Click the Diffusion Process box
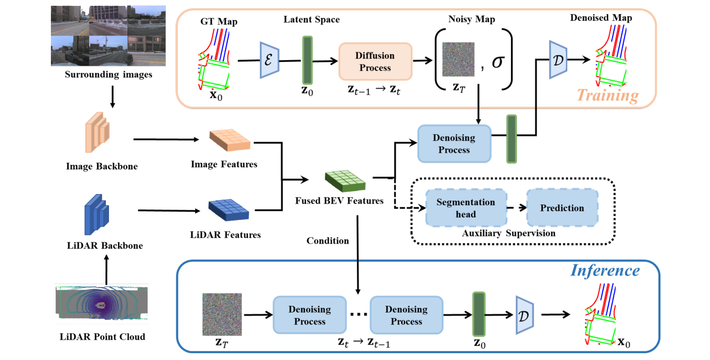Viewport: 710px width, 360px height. point(375,61)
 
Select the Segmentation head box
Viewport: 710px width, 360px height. point(466,208)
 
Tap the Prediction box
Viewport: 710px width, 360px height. point(562,208)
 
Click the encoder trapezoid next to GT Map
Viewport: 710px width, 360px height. point(268,60)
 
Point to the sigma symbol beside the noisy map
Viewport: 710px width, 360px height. point(497,62)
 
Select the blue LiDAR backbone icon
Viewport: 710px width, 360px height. point(96,214)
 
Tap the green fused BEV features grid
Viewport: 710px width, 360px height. point(345,180)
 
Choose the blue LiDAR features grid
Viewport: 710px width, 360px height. point(228,210)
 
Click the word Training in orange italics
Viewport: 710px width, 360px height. point(608,95)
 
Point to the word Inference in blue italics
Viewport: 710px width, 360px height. point(605,270)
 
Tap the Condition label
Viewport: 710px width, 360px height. point(328,241)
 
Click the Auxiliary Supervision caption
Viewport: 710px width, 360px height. point(508,234)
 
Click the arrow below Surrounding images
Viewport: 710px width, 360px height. point(113,97)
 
